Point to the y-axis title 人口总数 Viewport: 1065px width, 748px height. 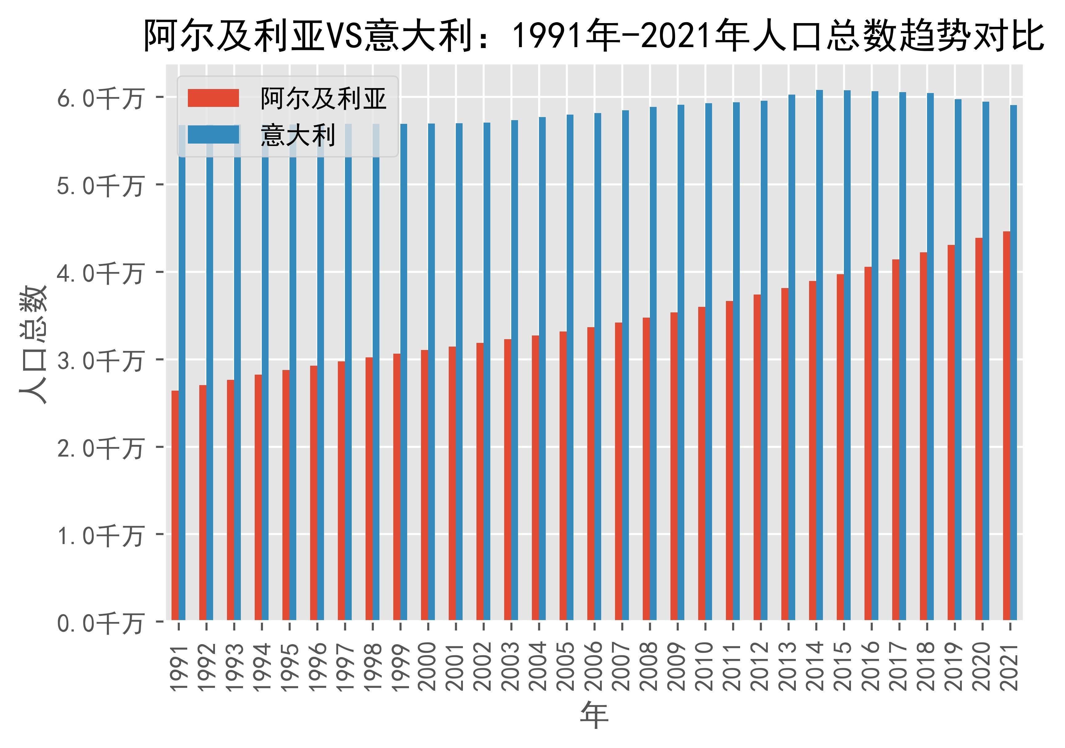[33, 344]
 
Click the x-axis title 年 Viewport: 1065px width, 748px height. [594, 715]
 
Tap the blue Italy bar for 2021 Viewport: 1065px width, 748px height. [1014, 362]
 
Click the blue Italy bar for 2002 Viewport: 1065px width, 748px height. [487, 371]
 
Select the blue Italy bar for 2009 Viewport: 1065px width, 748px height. [681, 362]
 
